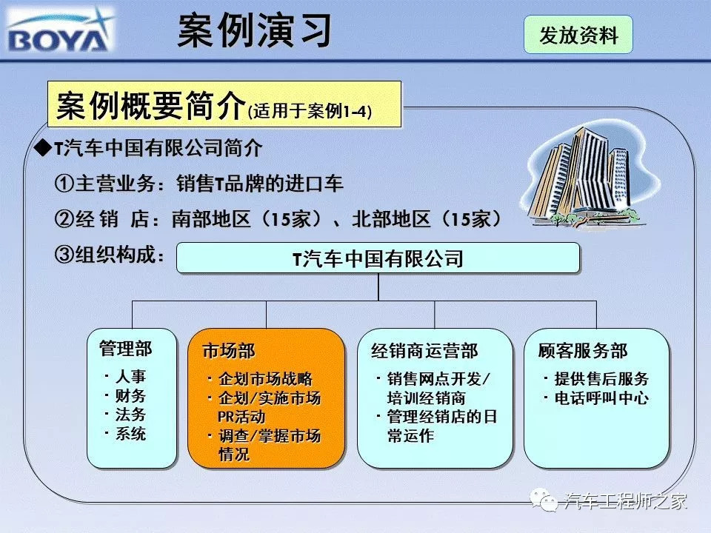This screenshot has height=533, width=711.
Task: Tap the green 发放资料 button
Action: pos(578,35)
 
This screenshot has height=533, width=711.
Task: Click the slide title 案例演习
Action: pos(254,31)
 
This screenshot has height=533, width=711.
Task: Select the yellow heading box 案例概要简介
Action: pos(224,104)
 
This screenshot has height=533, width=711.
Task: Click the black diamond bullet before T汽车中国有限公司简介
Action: pos(44,148)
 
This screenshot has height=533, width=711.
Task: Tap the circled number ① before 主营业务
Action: pos(64,184)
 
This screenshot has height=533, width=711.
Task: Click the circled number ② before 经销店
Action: pos(64,219)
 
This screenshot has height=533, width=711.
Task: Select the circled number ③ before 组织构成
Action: pos(64,254)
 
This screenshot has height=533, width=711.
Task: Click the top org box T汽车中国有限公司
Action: pos(378,258)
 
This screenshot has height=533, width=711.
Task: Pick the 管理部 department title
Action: pos(126,349)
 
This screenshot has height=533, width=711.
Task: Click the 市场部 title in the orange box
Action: pos(229,351)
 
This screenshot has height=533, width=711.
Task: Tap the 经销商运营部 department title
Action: pos(424,351)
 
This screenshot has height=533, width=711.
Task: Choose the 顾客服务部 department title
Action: pos(583,351)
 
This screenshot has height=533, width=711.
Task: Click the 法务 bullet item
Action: pos(130,415)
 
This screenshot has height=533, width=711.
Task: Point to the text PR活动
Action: pos(241,417)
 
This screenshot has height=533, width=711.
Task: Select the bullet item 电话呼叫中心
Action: pos(601,398)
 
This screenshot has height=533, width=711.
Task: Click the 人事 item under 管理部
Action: pos(130,376)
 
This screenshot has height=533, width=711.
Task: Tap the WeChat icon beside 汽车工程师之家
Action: pos(543,500)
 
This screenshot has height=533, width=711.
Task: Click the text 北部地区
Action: pos(391,219)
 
